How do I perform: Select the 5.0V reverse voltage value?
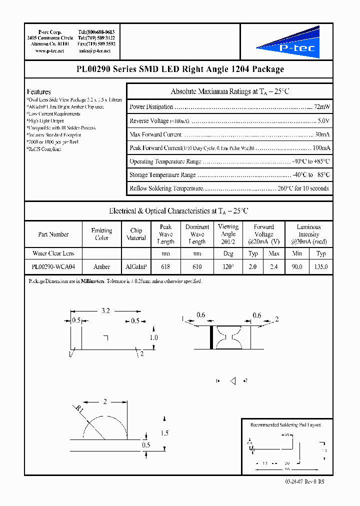[323, 121]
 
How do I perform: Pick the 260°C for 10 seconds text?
[303, 188]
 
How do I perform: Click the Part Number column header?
[53, 234]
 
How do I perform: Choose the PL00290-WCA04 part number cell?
[53, 267]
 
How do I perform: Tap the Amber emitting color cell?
[101, 267]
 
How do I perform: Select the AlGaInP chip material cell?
[136, 267]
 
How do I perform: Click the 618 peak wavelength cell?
[165, 267]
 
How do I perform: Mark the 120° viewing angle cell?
[228, 267]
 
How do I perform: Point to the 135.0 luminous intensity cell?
[321, 267]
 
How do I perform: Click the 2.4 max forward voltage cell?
[274, 267]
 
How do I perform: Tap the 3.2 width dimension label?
[105, 310]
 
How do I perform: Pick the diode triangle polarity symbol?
[232, 381]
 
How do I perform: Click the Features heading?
[39, 92]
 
